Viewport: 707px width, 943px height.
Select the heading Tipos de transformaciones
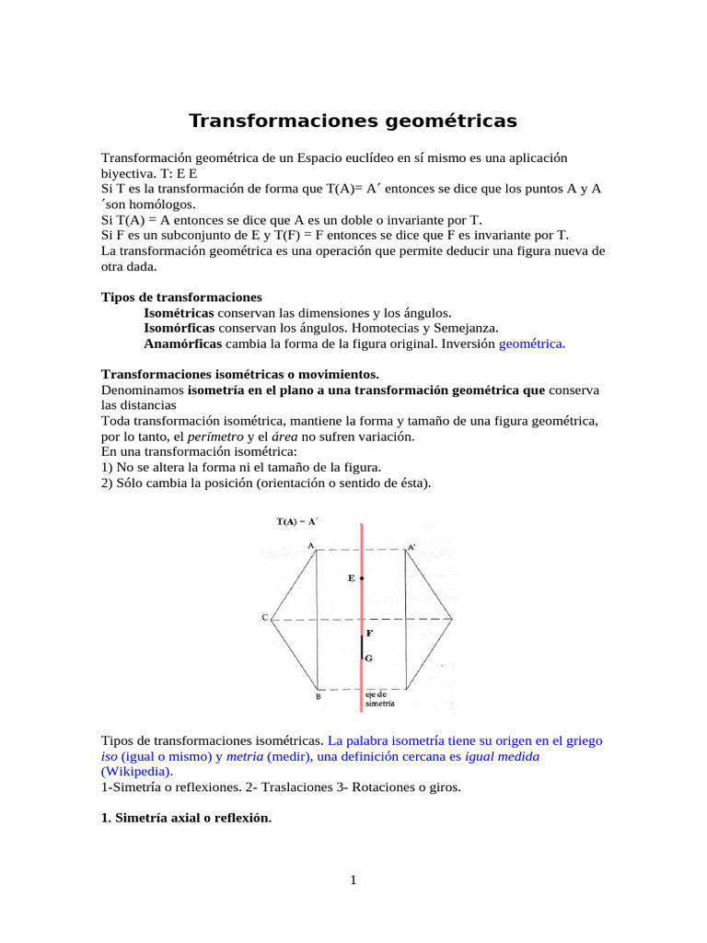pos(181,297)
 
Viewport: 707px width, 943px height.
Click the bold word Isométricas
pos(179,313)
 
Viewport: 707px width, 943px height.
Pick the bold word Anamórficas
pos(182,343)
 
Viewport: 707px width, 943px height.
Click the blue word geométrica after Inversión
pos(532,343)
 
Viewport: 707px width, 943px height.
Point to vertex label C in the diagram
pos(265,618)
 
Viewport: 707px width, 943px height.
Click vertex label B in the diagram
pos(318,697)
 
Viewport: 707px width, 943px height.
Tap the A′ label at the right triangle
pos(411,547)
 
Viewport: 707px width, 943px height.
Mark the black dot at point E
pos(363,578)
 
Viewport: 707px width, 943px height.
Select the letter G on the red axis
pos(368,659)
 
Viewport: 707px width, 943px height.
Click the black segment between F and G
pos(362,646)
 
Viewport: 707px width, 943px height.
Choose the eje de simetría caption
pos(379,699)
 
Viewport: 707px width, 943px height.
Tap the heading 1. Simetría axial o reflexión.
pos(186,818)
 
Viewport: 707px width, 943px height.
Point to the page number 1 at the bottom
pos(353,881)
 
